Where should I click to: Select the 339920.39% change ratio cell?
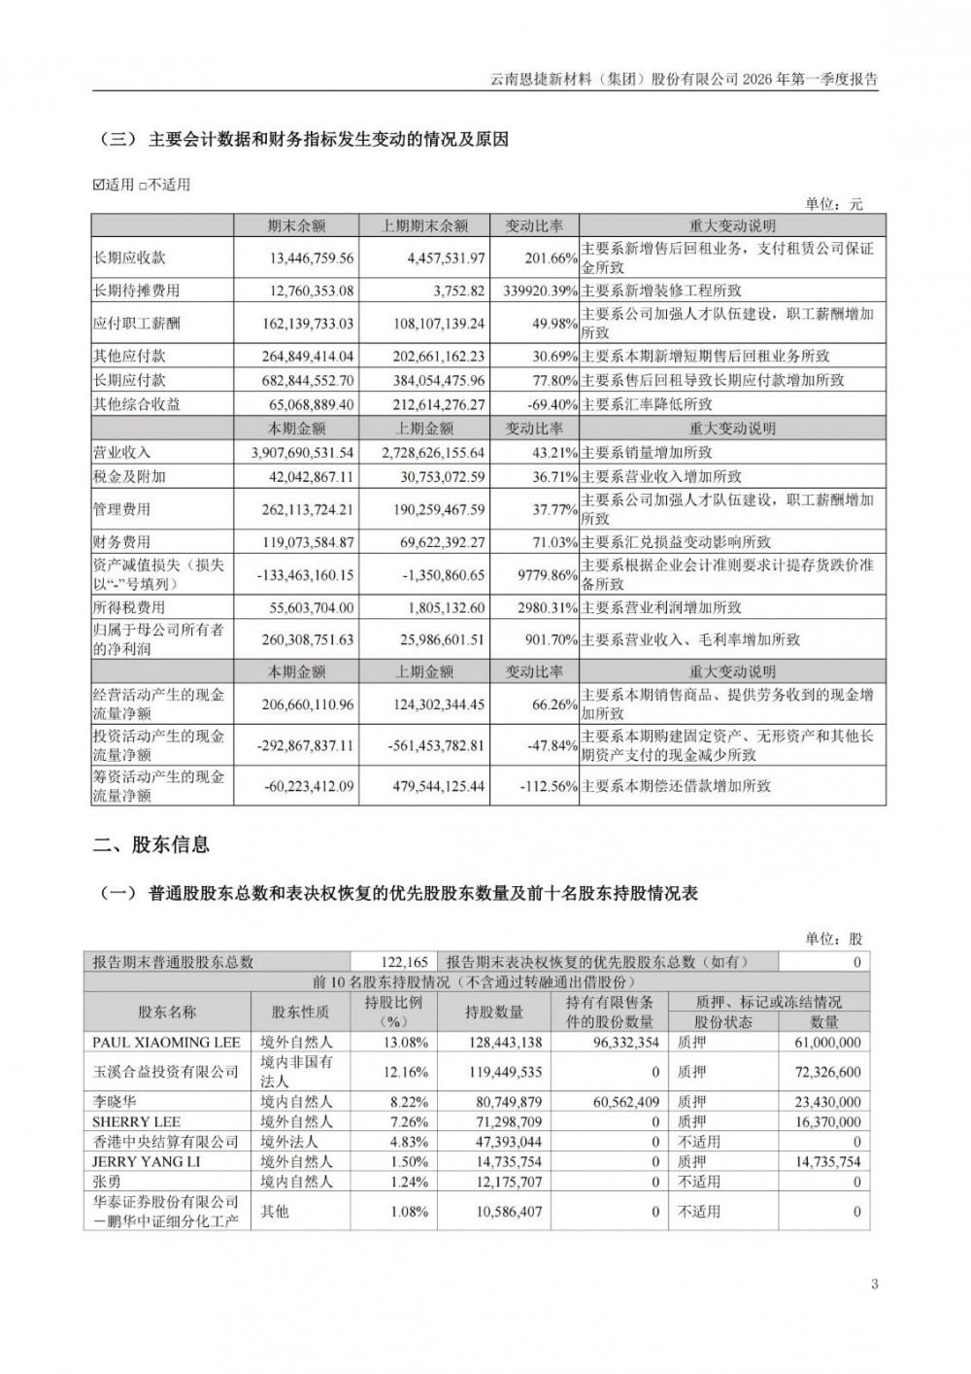click(535, 291)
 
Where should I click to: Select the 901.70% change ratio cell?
click(550, 640)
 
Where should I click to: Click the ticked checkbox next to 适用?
click(98, 185)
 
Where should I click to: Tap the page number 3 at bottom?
click(874, 1285)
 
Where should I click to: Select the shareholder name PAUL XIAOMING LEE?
click(166, 1043)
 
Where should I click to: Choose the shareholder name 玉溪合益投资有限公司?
click(166, 1073)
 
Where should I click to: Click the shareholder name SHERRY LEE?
click(137, 1122)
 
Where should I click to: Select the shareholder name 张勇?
click(109, 1183)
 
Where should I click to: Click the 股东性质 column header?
click(300, 1013)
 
